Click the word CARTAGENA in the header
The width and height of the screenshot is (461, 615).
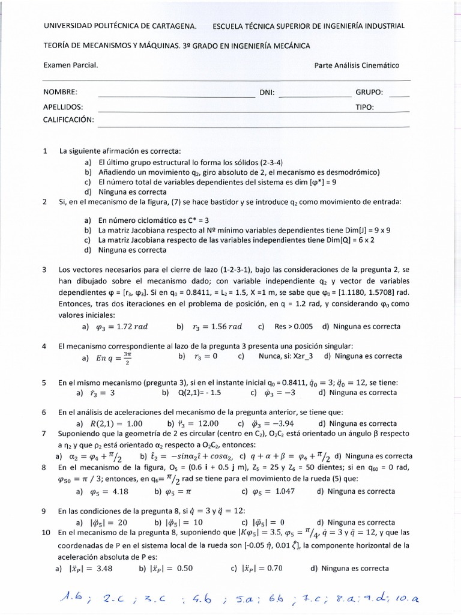point(175,26)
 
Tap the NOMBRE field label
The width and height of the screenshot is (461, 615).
point(61,92)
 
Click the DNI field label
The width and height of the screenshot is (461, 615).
point(267,92)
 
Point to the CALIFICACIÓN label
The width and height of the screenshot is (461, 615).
point(69,120)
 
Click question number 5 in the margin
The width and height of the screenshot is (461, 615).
point(45,382)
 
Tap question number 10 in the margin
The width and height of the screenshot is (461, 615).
point(47,532)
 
